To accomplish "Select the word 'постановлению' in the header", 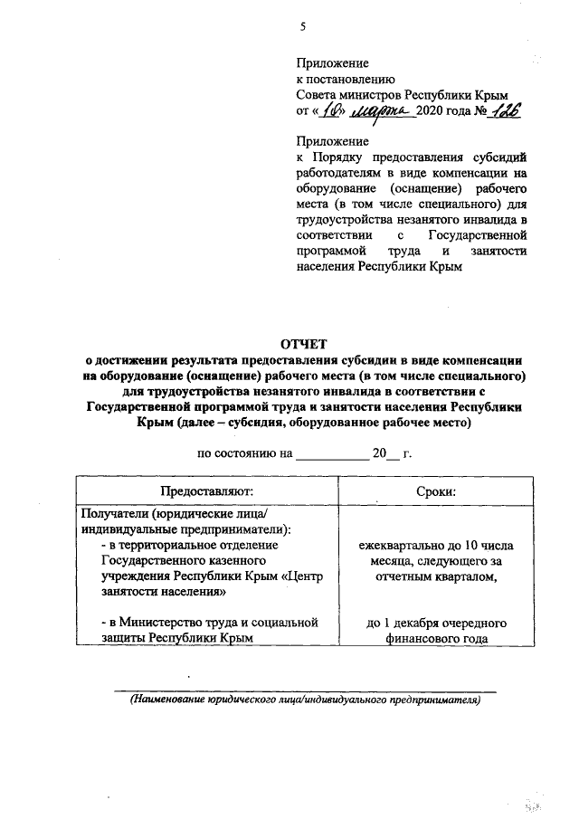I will pyautogui.click(x=345, y=79).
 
